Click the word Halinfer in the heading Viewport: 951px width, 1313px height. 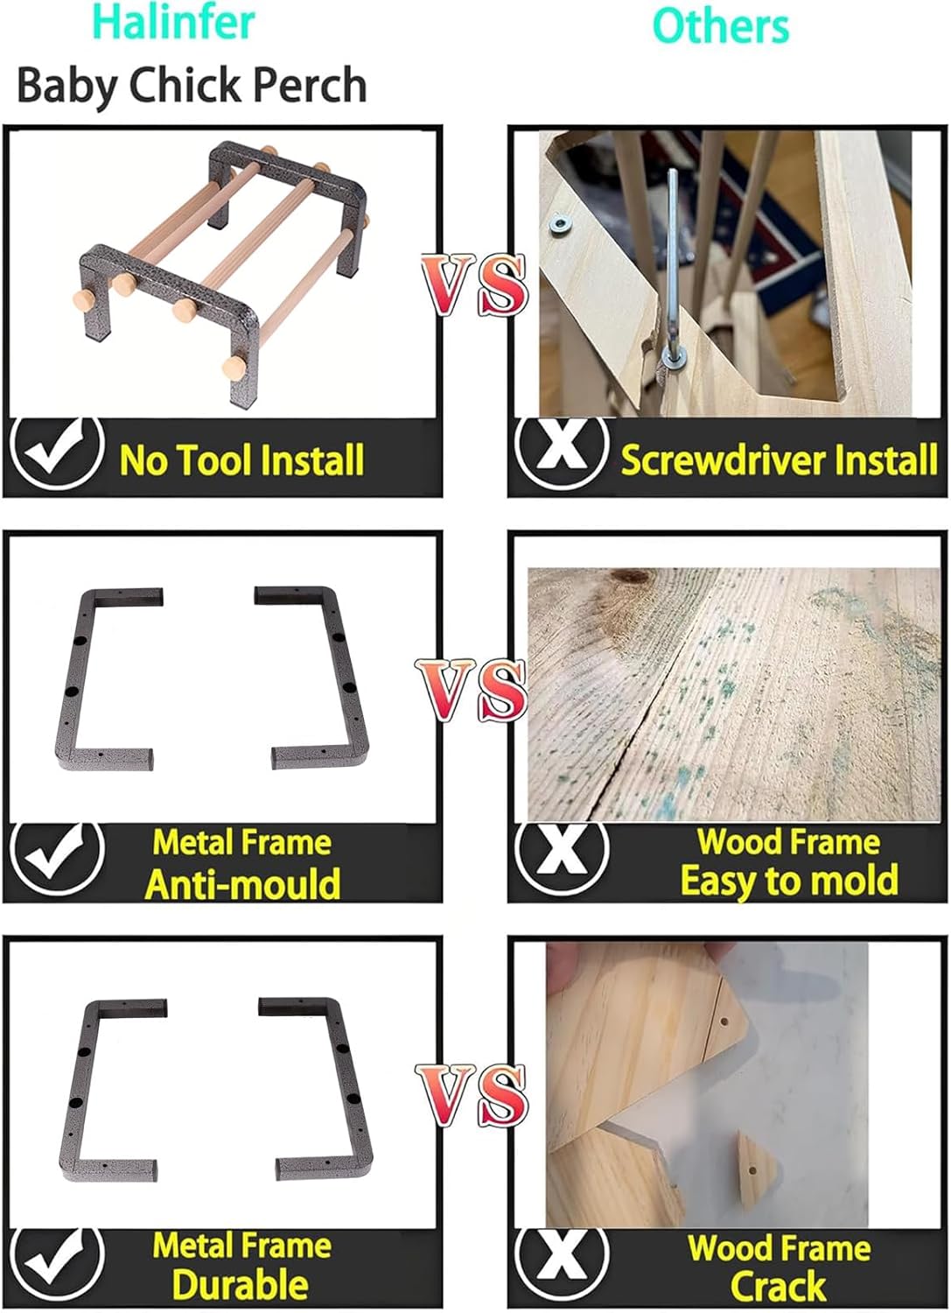pyautogui.click(x=174, y=23)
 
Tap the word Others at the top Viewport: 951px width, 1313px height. pyautogui.click(x=721, y=26)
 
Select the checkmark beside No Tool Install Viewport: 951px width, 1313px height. pyautogui.click(x=57, y=453)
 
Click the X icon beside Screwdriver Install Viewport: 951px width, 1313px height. pyautogui.click(x=561, y=453)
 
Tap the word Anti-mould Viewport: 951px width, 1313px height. pyautogui.click(x=242, y=884)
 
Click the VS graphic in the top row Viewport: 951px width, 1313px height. pyautogui.click(x=473, y=284)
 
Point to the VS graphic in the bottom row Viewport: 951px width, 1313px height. pyautogui.click(x=472, y=1095)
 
